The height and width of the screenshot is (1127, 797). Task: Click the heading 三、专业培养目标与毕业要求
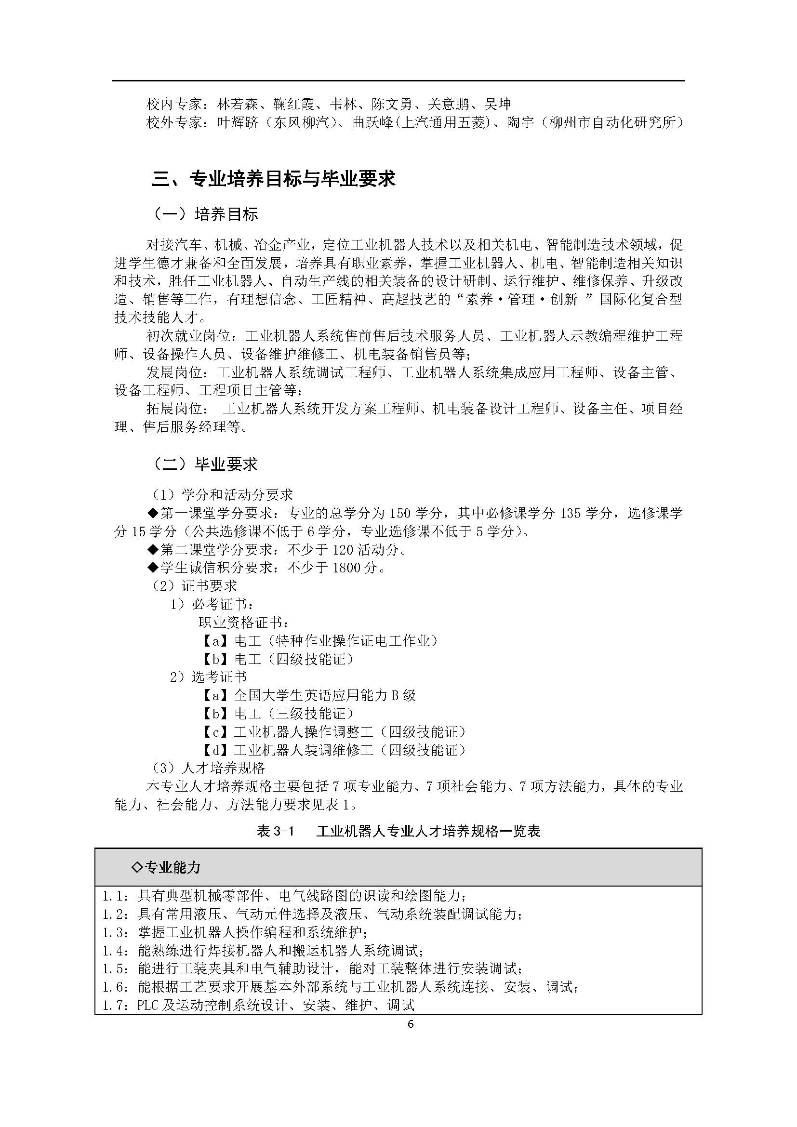coord(273,179)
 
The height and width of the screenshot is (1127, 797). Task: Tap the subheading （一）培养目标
coord(206,214)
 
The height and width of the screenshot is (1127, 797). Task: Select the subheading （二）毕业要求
coord(206,464)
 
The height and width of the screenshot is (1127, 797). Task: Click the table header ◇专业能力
coord(167,867)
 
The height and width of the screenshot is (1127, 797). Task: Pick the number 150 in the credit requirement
coord(399,514)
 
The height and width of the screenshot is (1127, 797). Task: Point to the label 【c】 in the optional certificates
coord(215,732)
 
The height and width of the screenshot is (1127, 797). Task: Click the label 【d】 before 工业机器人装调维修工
coord(215,751)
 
